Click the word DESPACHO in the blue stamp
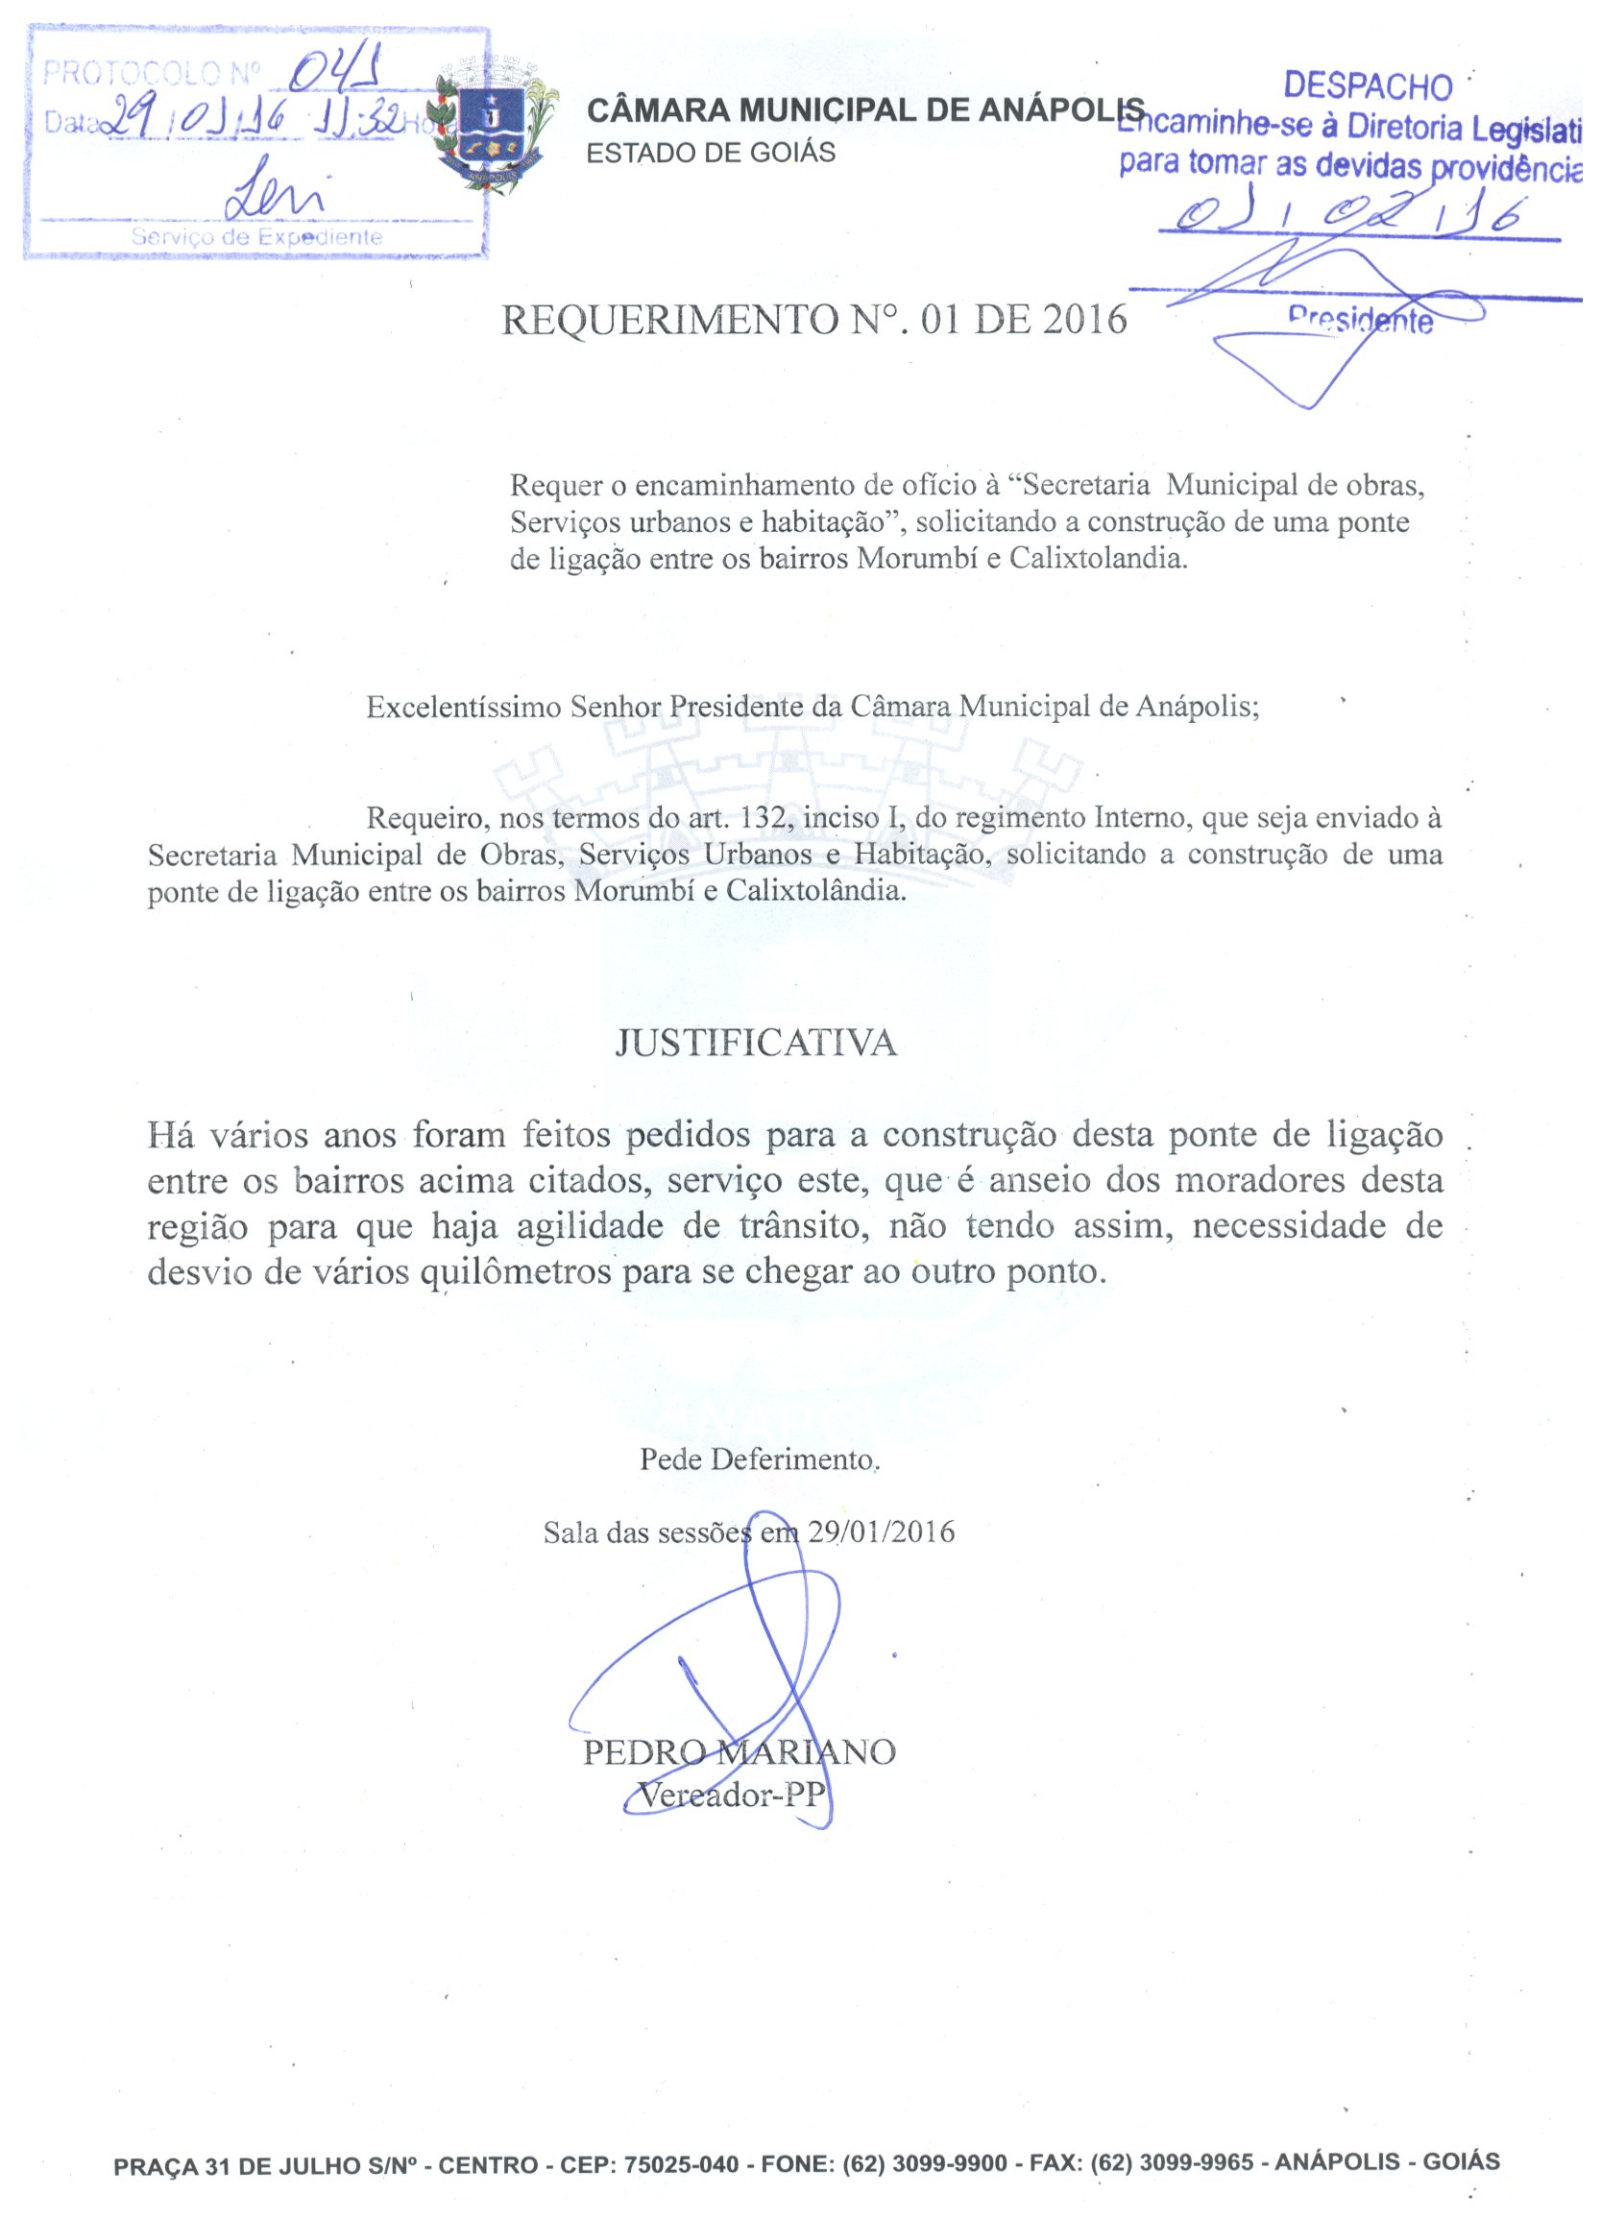click(1367, 86)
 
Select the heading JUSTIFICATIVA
click(756, 1043)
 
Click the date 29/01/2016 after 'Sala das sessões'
click(881, 1532)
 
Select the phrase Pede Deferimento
click(760, 1459)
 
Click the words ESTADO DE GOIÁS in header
click(711, 153)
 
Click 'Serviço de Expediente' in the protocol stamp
click(256, 237)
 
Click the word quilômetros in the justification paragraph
click(519, 1272)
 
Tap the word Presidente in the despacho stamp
click(1360, 319)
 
